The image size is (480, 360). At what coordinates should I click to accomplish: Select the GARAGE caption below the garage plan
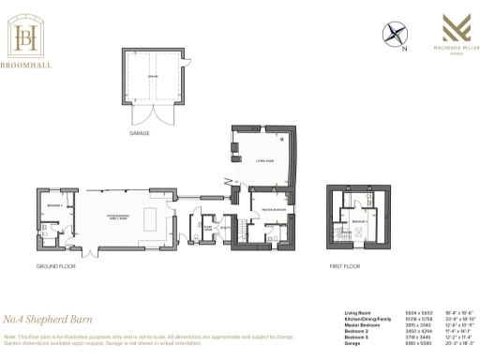point(140,133)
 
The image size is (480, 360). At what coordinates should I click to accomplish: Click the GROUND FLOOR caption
point(55,266)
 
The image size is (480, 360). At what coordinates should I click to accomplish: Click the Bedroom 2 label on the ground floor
point(54,204)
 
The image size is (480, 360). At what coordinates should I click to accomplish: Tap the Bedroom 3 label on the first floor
point(359,221)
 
